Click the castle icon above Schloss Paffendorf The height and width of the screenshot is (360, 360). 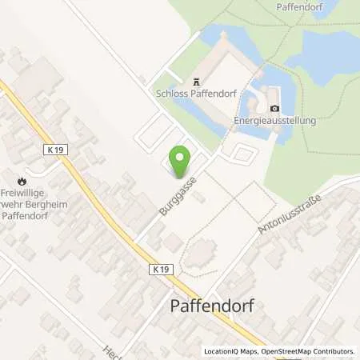[194, 81]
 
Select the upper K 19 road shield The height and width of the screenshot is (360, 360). [54, 149]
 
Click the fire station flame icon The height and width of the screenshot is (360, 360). [22, 180]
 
